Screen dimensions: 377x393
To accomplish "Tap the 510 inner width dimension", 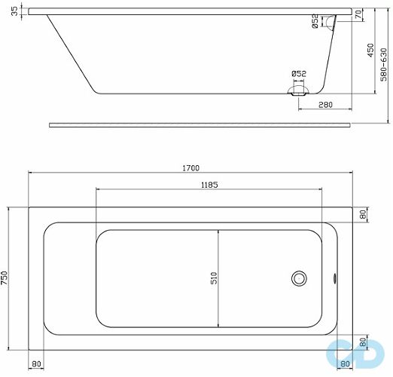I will (x=214, y=277).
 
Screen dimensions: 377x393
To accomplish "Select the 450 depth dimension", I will (x=370, y=51).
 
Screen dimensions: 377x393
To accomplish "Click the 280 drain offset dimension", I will (x=325, y=105).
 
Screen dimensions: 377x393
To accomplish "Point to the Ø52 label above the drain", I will (x=299, y=73).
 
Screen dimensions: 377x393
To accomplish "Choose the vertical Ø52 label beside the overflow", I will (x=315, y=23).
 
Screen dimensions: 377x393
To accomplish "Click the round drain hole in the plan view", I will (x=300, y=278).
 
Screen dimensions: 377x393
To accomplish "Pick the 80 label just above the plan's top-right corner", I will (x=362, y=215).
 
